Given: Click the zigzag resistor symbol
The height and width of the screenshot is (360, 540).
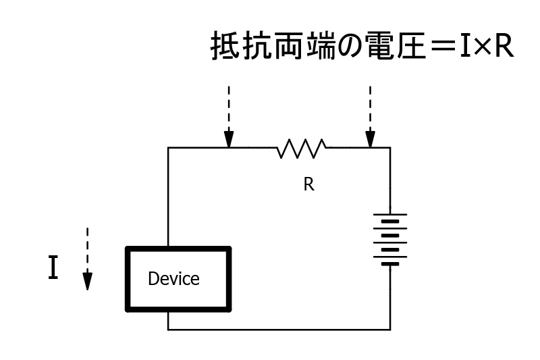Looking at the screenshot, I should [302, 147].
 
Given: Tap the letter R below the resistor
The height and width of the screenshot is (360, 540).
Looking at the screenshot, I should [308, 184].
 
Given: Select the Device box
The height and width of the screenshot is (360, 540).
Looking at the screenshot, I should [178, 278].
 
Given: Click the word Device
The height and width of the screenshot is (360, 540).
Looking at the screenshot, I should [173, 278].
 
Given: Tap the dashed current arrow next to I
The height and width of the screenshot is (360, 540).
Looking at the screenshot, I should [87, 259].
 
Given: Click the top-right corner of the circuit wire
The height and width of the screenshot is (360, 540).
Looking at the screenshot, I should [390, 147].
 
